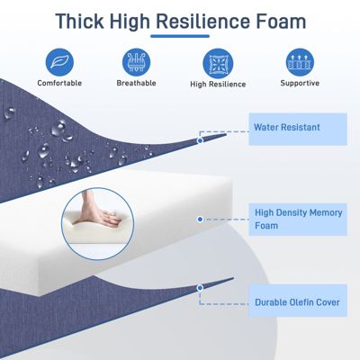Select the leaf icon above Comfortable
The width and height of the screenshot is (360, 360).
tap(61, 60)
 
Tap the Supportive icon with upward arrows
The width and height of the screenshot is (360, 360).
tap(299, 61)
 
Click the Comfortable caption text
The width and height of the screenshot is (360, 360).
tap(61, 83)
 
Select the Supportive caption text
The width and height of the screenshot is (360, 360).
tap(299, 83)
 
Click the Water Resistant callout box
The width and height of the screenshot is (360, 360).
tap(298, 128)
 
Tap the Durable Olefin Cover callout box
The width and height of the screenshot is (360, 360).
tap(298, 301)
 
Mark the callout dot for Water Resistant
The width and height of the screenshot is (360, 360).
tap(200, 139)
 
